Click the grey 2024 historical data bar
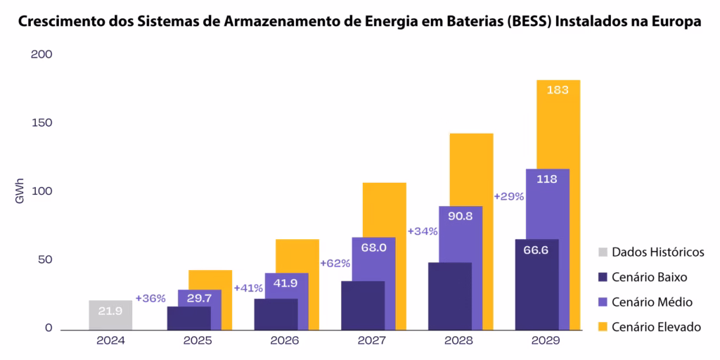click(x=110, y=315)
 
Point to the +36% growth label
click(x=150, y=298)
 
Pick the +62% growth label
click(x=335, y=263)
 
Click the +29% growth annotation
click(x=509, y=197)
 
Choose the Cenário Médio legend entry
click(x=652, y=302)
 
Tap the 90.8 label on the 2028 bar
click(x=460, y=216)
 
